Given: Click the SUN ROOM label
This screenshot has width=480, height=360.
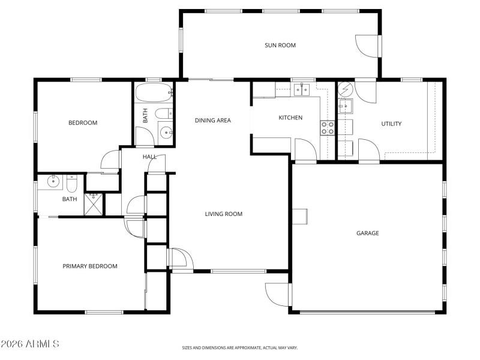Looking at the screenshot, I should [x=280, y=45].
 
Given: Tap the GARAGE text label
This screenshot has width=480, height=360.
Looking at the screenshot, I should [x=367, y=233].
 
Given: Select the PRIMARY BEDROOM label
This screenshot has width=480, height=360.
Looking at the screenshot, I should [x=90, y=266].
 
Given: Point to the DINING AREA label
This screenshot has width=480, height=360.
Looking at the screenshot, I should [x=212, y=121].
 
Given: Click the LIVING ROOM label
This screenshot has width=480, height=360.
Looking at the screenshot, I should [x=223, y=214].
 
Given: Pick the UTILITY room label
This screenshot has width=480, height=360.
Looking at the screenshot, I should [x=391, y=124].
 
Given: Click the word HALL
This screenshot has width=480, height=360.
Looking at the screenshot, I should [x=149, y=157].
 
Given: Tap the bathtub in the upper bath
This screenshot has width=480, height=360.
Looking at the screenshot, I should [x=154, y=94].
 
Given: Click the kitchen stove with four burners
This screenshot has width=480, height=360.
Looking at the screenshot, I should [x=328, y=127].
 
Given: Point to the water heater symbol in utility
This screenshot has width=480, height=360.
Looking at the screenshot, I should [x=346, y=90].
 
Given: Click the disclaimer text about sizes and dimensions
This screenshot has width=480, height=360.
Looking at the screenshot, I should [x=240, y=347].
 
